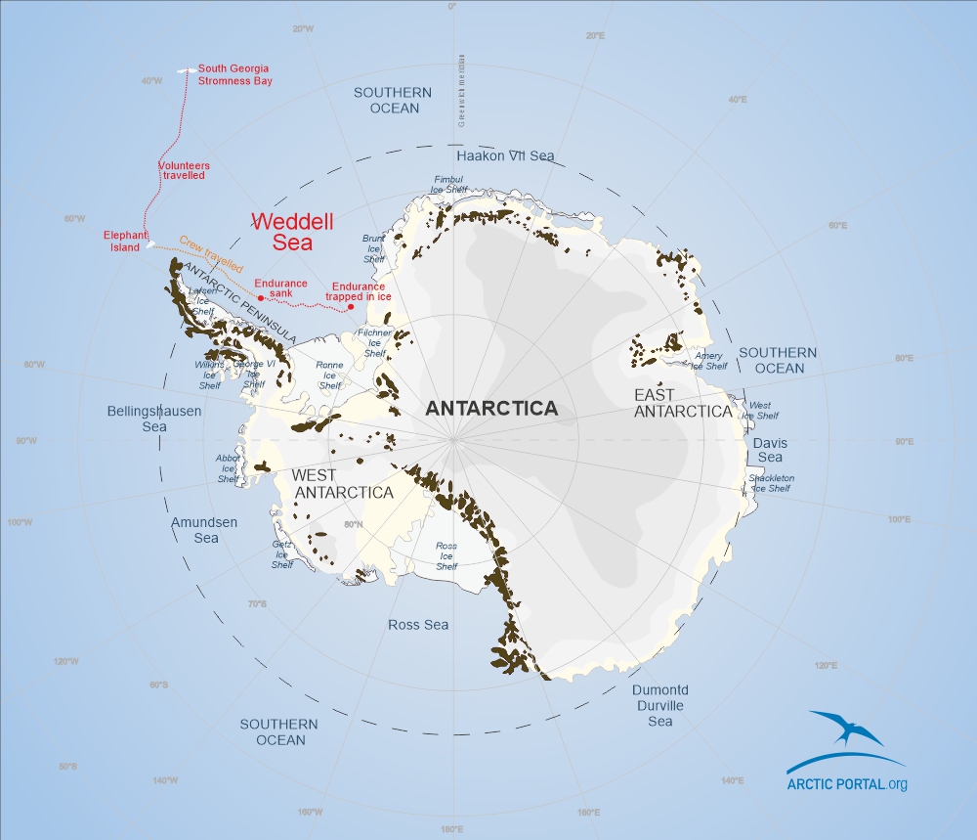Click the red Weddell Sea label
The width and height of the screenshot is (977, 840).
[x=282, y=231]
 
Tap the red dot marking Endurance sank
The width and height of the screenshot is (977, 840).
[x=260, y=297]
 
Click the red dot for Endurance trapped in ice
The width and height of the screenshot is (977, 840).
[x=351, y=307]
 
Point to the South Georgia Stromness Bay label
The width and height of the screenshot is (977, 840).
[x=234, y=74]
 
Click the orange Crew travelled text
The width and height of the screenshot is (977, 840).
[x=211, y=251]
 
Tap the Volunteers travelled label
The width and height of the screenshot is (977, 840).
[x=184, y=170]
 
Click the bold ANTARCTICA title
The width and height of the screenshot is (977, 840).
[x=491, y=409]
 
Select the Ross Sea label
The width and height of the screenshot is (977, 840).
[x=418, y=624]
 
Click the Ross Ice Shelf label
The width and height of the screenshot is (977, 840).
[x=446, y=556]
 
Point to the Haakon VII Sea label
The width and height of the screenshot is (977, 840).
[x=505, y=155]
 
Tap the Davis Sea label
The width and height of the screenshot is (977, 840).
[x=770, y=450]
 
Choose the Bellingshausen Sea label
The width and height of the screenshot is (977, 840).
[x=154, y=419]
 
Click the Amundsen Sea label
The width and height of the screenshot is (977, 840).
[x=205, y=530]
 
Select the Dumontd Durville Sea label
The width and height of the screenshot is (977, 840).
[x=660, y=705]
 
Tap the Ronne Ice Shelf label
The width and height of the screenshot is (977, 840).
[x=329, y=375]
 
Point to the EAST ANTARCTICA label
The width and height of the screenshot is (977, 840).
[x=682, y=403]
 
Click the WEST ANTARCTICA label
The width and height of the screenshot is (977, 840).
[x=343, y=484]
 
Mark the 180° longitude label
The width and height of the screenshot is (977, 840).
[x=451, y=830]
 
